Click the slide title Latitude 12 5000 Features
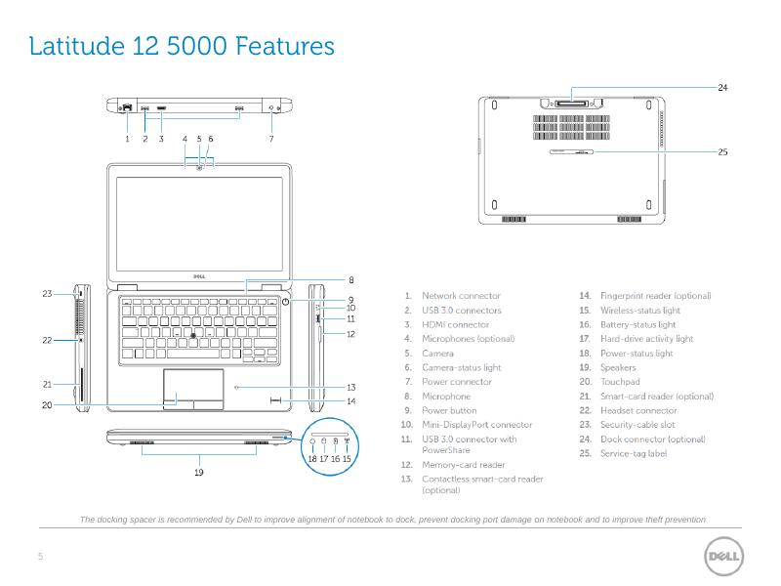(182, 46)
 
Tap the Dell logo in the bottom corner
(723, 556)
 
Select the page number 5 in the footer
(40, 557)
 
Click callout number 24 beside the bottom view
(722, 88)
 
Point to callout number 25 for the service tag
(722, 151)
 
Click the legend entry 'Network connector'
(461, 295)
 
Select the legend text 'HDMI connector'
(455, 324)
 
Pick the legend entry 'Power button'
(449, 411)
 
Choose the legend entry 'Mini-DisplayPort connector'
(476, 425)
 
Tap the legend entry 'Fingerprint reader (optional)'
(655, 295)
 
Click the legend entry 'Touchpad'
(619, 382)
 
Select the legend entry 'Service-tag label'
(633, 453)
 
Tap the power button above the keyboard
(284, 302)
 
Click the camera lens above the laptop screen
(199, 168)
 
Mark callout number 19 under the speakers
(199, 472)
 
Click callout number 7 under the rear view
(271, 140)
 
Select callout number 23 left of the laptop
(46, 293)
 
